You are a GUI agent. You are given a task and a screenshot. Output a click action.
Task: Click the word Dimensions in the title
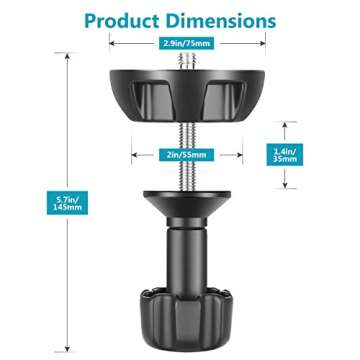tap(215, 20)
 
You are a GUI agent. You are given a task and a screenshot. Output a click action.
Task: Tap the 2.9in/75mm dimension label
tap(179, 44)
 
